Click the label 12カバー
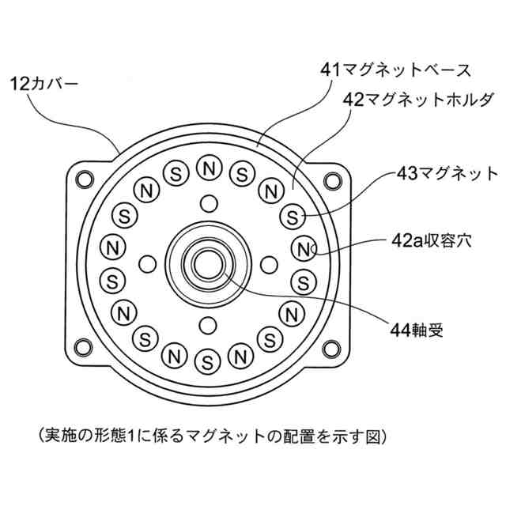44,81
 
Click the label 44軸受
417,327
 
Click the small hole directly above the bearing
209,202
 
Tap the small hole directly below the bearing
209,323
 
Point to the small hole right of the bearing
269,262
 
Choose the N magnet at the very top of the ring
209,168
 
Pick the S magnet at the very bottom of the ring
208,362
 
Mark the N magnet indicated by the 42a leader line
305,248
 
